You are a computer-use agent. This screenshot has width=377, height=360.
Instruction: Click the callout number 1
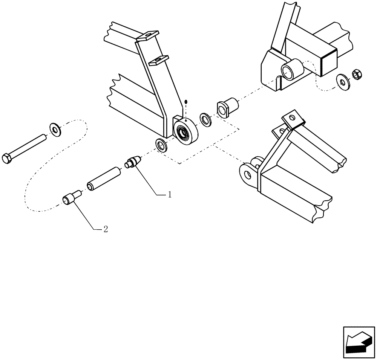coord(170,195)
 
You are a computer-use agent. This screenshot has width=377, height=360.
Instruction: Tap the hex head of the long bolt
coord(8,158)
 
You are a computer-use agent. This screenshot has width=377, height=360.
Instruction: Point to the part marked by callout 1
coord(132,163)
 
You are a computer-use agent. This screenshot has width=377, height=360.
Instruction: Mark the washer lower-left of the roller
coord(162,145)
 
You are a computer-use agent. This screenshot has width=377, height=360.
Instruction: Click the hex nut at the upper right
coord(357,74)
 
